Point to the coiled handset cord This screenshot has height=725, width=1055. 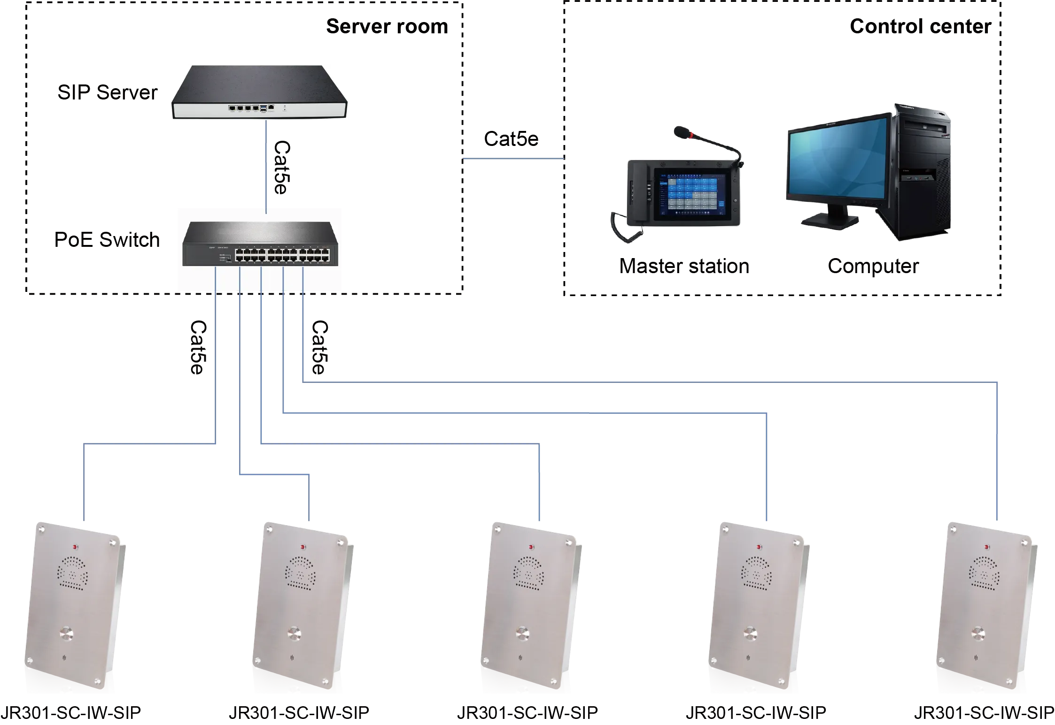point(624,228)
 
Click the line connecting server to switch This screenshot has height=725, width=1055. point(266,164)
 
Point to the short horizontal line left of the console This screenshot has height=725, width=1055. point(514,160)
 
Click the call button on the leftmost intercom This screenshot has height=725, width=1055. point(67,635)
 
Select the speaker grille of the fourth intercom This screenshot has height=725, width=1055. point(757,572)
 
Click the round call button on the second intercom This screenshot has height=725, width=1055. point(294,634)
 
